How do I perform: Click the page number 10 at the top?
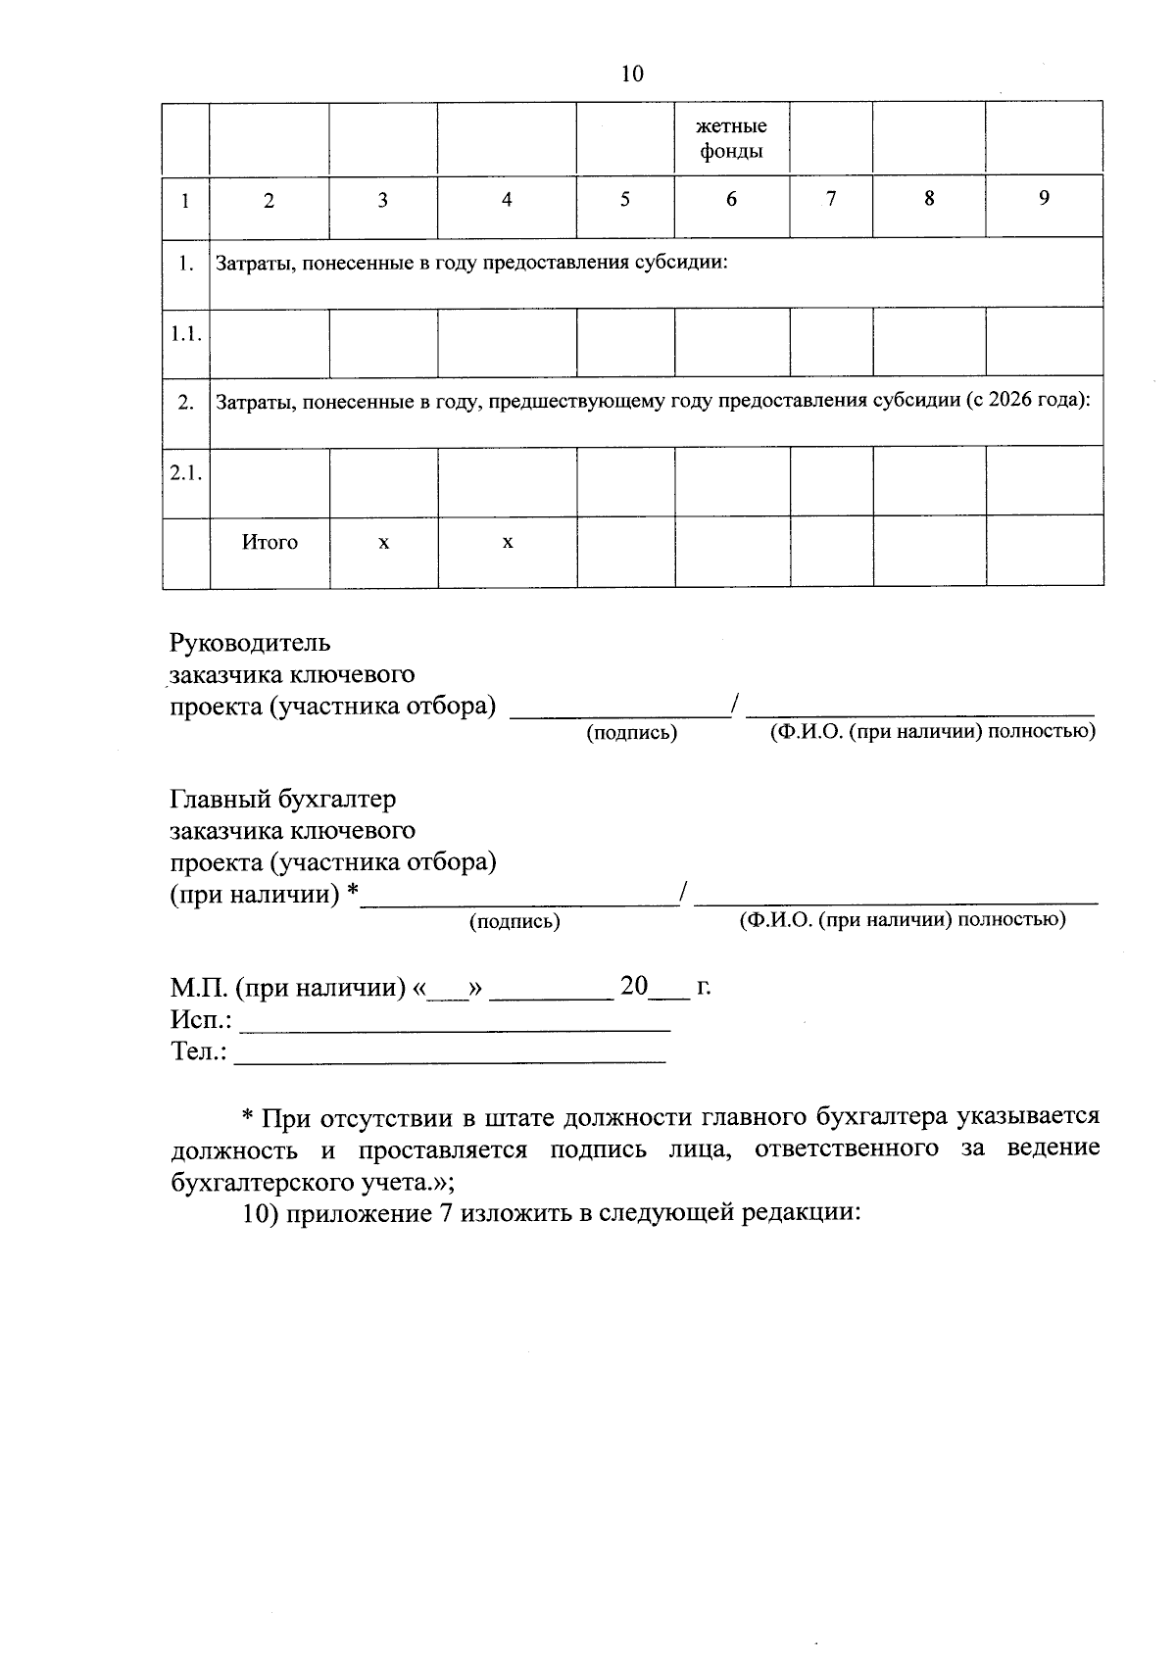pyautogui.click(x=632, y=73)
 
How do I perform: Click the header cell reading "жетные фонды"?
pyautogui.click(x=731, y=139)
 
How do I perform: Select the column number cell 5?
pyautogui.click(x=625, y=200)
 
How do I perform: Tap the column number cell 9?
pyautogui.click(x=1044, y=199)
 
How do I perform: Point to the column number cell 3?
pyautogui.click(x=383, y=201)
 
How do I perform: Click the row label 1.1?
pyautogui.click(x=185, y=334)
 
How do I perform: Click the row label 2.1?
pyautogui.click(x=185, y=473)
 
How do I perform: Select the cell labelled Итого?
pyautogui.click(x=269, y=542)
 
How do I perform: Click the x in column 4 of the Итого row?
pyautogui.click(x=508, y=542)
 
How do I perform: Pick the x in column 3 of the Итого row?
pyautogui.click(x=383, y=542)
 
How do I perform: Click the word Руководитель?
pyautogui.click(x=250, y=643)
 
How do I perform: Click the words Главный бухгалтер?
pyautogui.click(x=283, y=800)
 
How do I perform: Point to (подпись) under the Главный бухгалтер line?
pyautogui.click(x=514, y=921)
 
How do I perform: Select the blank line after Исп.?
pyautogui.click(x=455, y=1028)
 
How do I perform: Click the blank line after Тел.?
pyautogui.click(x=450, y=1059)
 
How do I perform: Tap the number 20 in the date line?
pyautogui.click(x=634, y=986)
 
